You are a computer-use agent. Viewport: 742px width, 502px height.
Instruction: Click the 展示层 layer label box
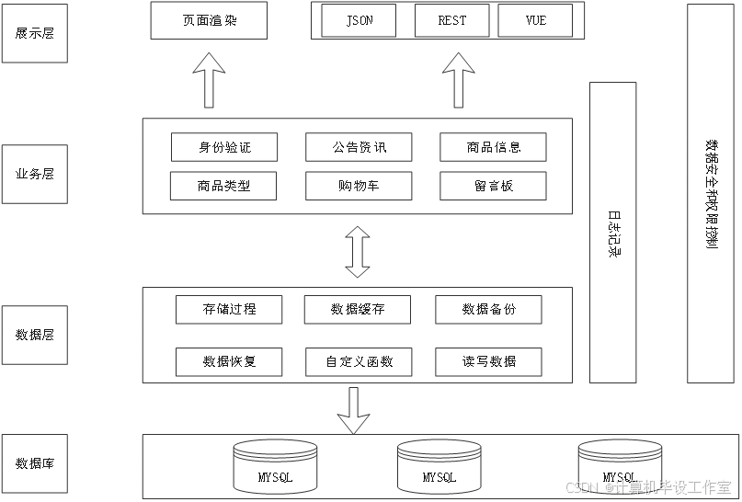tap(34, 33)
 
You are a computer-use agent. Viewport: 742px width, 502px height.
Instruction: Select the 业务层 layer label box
tap(34, 173)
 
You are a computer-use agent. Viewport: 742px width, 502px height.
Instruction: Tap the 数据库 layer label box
tap(34, 463)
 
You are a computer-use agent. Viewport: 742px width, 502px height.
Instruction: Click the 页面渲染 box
tap(209, 20)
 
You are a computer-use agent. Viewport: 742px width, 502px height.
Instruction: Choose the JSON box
tap(359, 20)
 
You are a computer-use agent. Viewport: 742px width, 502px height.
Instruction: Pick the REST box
tap(451, 20)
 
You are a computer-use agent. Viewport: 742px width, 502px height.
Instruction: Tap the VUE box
tap(535, 20)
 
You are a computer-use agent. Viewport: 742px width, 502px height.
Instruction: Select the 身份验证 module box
tap(224, 147)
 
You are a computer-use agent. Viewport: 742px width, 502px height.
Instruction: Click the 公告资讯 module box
tap(359, 147)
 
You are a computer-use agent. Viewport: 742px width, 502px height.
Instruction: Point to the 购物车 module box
tap(359, 186)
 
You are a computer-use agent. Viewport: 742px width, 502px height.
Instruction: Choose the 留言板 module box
tap(493, 186)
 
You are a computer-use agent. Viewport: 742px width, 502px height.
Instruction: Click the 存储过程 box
tap(229, 310)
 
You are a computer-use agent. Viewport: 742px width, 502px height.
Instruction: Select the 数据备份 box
tap(488, 310)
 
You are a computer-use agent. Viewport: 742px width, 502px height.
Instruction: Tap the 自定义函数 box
tap(359, 362)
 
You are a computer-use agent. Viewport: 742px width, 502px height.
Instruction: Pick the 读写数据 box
tap(488, 362)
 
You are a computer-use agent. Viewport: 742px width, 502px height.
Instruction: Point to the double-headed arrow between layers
tap(357, 251)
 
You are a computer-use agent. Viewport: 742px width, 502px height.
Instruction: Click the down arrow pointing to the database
tap(352, 410)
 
